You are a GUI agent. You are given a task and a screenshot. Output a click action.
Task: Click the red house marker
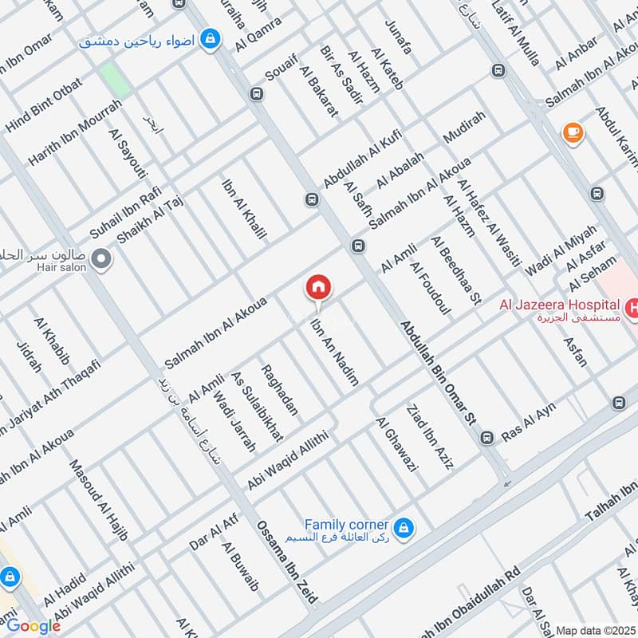click(x=318, y=286)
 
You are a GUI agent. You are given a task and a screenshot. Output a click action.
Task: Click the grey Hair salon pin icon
click(x=100, y=258)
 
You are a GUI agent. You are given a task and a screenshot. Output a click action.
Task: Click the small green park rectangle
click(x=115, y=79)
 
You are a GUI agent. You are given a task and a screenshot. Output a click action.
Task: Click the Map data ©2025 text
click(x=594, y=630)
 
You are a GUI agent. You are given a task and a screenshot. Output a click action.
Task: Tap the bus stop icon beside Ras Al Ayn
click(x=486, y=437)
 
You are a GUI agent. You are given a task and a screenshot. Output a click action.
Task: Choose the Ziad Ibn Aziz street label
click(x=429, y=438)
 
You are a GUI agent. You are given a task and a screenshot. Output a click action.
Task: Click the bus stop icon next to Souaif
click(x=256, y=93)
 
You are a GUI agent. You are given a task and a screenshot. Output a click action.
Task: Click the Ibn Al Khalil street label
click(x=243, y=210)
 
